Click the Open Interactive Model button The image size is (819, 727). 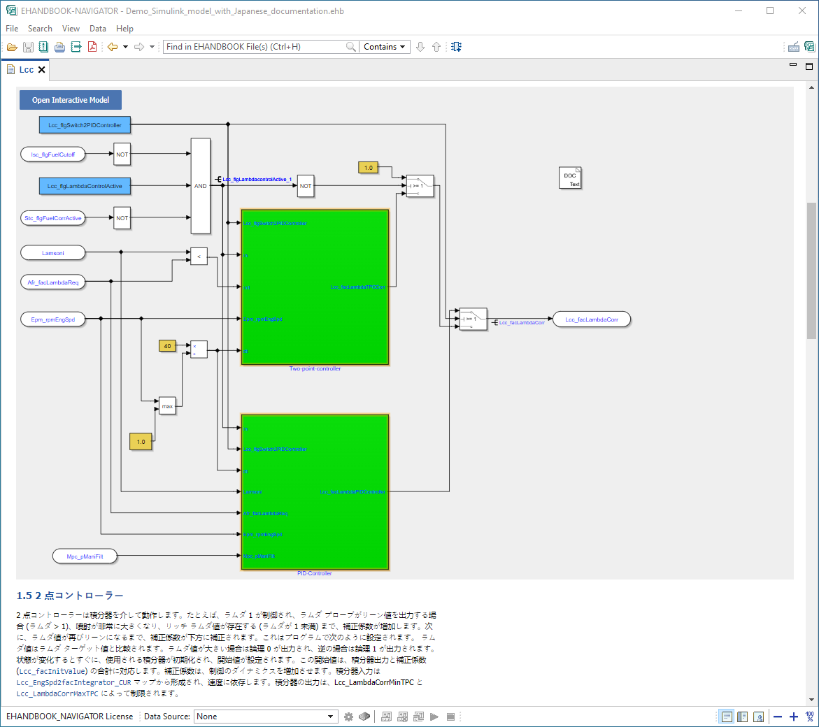70,100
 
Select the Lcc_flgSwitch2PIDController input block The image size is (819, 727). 85,125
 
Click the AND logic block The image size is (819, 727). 200,186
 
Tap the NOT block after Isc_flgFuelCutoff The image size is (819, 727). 122,154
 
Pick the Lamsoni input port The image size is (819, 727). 53,253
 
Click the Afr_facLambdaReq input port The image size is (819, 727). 53,282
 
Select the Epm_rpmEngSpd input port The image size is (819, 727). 53,319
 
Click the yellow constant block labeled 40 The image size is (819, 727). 167,346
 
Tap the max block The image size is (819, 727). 167,405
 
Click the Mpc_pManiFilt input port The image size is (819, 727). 85,556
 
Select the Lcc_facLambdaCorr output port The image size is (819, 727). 591,319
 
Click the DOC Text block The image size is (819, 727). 570,178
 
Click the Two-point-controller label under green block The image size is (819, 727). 315,368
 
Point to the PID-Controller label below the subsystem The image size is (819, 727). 314,573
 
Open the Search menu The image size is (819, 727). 40,29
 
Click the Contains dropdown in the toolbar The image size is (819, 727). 385,47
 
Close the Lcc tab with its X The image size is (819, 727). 41,70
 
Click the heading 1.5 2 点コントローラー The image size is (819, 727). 70,596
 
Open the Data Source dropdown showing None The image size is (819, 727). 266,717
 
